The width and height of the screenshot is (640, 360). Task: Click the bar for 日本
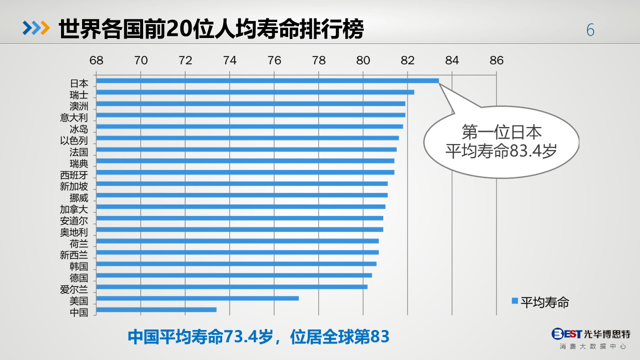pyautogui.click(x=267, y=80)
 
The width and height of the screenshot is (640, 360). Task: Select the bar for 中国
pyautogui.click(x=156, y=309)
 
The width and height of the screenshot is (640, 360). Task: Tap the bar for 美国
pyautogui.click(x=197, y=298)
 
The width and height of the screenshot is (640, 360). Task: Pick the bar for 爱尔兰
pyautogui.click(x=232, y=286)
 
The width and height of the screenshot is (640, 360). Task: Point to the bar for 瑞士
pyautogui.click(x=255, y=92)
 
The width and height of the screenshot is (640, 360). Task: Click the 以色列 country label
pyautogui.click(x=74, y=141)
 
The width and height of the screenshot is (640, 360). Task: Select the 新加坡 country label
pyautogui.click(x=74, y=186)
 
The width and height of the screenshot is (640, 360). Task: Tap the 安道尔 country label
pyautogui.click(x=74, y=221)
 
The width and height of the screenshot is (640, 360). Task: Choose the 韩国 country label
pyautogui.click(x=79, y=266)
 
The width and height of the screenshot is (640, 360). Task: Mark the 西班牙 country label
pyautogui.click(x=74, y=175)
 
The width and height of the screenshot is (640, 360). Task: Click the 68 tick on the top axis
pyautogui.click(x=96, y=60)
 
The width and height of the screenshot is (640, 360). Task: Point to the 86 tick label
pyautogui.click(x=496, y=60)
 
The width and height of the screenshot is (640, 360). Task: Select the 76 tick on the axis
pyautogui.click(x=274, y=60)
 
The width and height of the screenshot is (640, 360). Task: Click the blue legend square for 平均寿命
pyautogui.click(x=514, y=300)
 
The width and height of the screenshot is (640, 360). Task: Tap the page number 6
pyautogui.click(x=590, y=30)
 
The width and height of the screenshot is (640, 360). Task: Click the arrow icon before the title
pyautogui.click(x=36, y=29)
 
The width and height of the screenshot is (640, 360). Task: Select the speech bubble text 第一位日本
pyautogui.click(x=501, y=132)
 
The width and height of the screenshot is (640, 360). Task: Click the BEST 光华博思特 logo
pyautogui.click(x=590, y=333)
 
